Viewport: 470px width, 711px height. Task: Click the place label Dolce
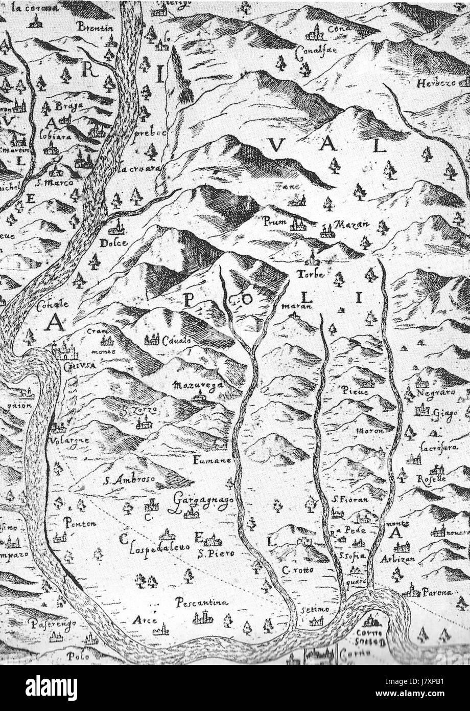click(113, 243)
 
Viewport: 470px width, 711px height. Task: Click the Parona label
click(438, 593)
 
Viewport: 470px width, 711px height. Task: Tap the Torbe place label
click(311, 274)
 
